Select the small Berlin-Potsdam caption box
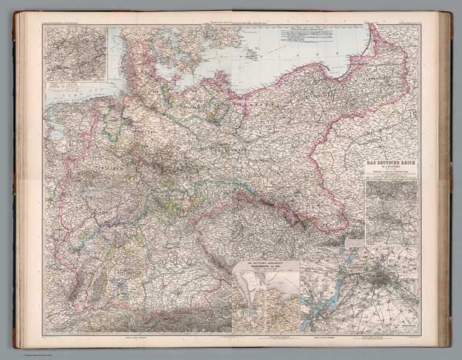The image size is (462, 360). click(403, 324)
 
